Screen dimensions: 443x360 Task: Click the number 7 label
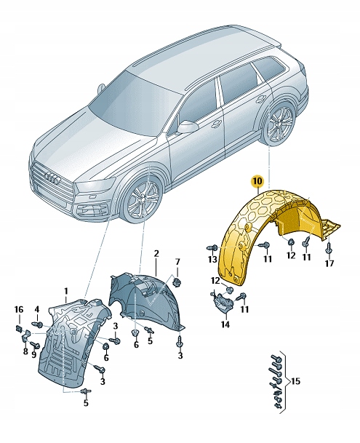coord(177,261)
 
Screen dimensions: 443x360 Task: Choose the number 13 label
coord(212,259)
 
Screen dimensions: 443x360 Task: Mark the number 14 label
coord(224,325)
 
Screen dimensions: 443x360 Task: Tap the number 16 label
coord(19,310)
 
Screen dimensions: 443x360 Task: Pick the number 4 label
coord(37,310)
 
